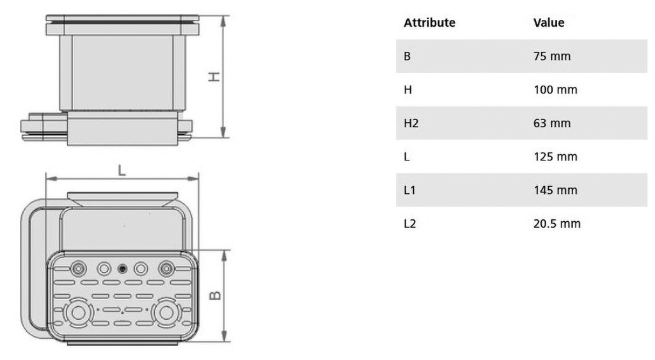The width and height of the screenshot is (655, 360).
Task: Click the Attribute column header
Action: pyautogui.click(x=429, y=22)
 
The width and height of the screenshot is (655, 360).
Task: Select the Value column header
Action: pyautogui.click(x=548, y=22)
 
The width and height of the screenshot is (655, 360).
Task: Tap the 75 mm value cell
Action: pyautogui.click(x=552, y=56)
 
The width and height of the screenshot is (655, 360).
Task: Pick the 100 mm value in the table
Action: pyautogui.click(x=555, y=90)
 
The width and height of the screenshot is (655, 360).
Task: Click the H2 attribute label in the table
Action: pyautogui.click(x=411, y=123)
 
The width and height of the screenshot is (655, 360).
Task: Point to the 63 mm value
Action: pyautogui.click(x=552, y=123)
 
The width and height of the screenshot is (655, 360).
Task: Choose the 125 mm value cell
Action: pyautogui.click(x=555, y=157)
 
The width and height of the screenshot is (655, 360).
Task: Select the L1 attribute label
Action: pyautogui.click(x=409, y=190)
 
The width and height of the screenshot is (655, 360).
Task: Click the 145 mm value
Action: pyautogui.click(x=555, y=190)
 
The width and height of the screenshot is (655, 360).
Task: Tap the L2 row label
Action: pyautogui.click(x=410, y=223)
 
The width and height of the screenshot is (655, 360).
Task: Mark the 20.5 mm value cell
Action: pyautogui.click(x=557, y=223)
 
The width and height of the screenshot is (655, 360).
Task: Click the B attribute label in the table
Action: pyautogui.click(x=407, y=56)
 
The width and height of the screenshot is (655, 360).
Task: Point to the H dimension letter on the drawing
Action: pyautogui.click(x=214, y=77)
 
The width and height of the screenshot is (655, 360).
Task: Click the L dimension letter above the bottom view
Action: pyautogui.click(x=122, y=170)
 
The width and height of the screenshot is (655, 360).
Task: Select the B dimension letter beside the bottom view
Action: pyautogui.click(x=215, y=295)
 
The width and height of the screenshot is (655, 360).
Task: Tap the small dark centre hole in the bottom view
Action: pyautogui.click(x=122, y=269)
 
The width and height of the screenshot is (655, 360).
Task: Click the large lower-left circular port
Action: pyautogui.click(x=78, y=313)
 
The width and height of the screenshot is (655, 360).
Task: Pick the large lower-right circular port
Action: pyautogui.click(x=166, y=313)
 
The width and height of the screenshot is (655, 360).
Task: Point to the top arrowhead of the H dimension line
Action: pyautogui.click(x=223, y=21)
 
